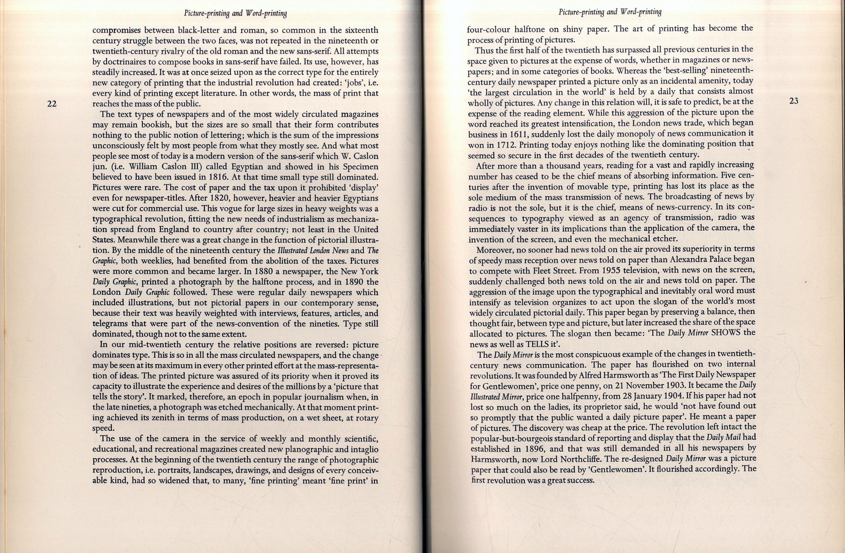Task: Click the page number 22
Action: (52, 104)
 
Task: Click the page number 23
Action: (794, 101)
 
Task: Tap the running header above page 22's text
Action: (235, 14)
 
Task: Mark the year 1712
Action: (506, 145)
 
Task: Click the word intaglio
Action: (364, 449)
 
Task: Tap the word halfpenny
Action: (589, 396)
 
